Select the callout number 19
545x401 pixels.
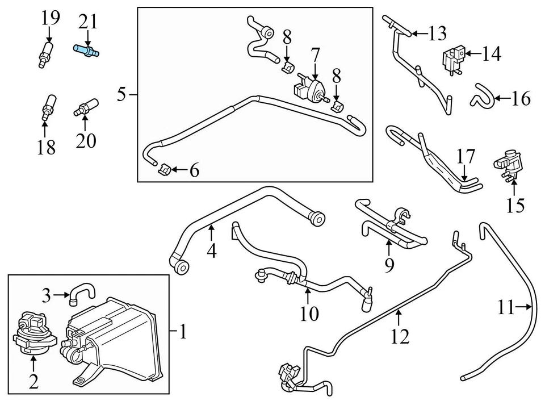click(x=50, y=19)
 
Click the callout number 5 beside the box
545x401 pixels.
click(x=121, y=94)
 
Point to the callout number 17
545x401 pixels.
click(x=466, y=155)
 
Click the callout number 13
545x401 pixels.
click(x=437, y=34)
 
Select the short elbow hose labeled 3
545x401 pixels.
click(x=83, y=292)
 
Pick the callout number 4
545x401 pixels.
click(x=211, y=250)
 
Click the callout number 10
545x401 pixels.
click(x=310, y=313)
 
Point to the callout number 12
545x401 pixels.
click(x=400, y=337)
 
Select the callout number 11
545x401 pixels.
click(x=506, y=309)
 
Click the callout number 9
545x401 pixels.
click(x=388, y=265)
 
